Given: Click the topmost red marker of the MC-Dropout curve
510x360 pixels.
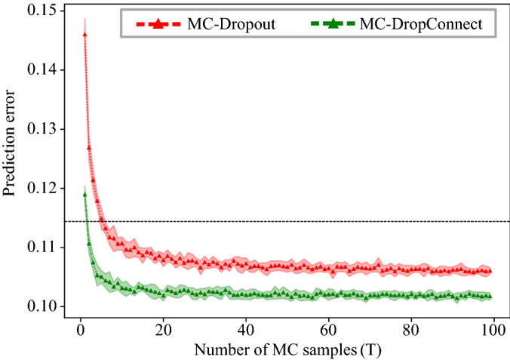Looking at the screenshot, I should click(x=84, y=34).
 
